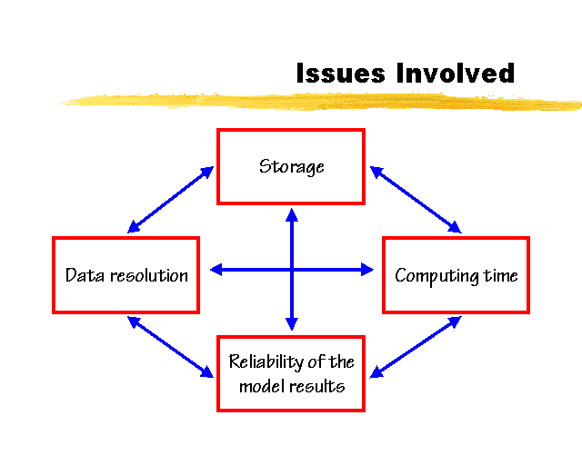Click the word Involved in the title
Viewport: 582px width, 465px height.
(455, 73)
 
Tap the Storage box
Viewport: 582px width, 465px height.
(291, 166)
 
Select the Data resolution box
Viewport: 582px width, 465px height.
(126, 275)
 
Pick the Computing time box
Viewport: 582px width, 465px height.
(456, 275)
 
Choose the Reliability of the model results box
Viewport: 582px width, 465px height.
(291, 373)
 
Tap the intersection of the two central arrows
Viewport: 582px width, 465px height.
(292, 269)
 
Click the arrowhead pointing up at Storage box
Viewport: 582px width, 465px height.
(292, 214)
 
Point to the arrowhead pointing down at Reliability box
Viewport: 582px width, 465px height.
(292, 323)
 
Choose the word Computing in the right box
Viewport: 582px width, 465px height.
(437, 276)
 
